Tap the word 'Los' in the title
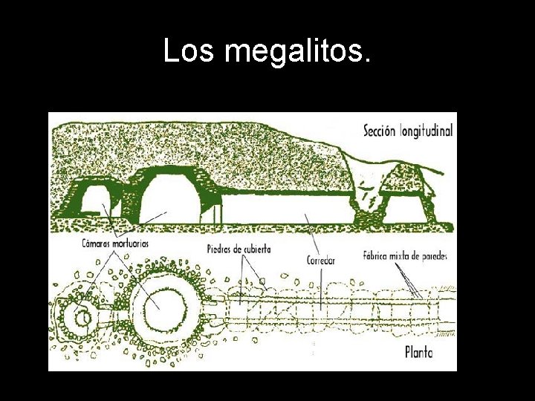click(x=189, y=51)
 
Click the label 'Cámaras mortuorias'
click(x=115, y=243)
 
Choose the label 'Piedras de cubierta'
click(x=239, y=249)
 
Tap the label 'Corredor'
click(x=321, y=261)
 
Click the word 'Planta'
click(x=419, y=352)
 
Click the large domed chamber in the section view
click(x=170, y=196)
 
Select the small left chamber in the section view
click(x=94, y=204)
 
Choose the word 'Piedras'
click(x=219, y=249)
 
